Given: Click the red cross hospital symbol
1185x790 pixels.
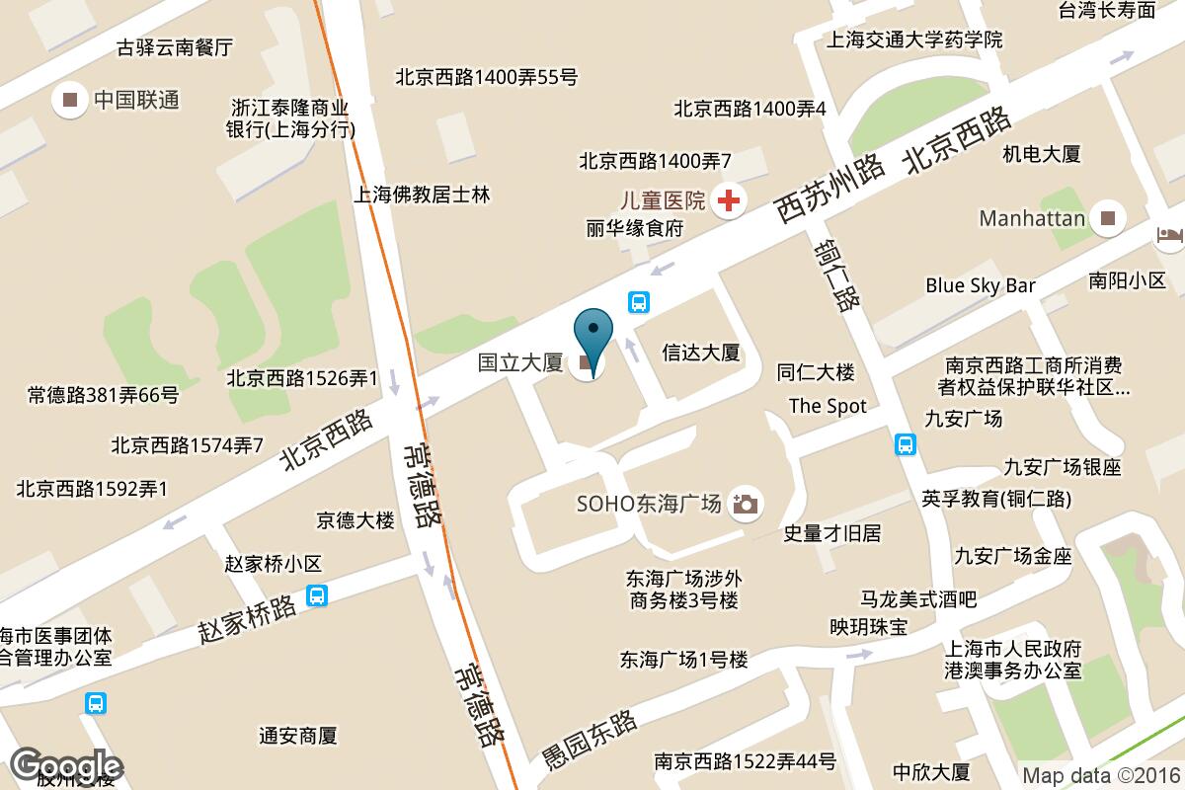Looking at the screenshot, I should (728, 201).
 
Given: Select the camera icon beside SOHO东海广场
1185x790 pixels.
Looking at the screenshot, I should (745, 504).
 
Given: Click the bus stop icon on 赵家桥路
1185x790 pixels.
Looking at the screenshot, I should (317, 595).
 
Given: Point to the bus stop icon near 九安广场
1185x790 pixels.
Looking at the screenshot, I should (905, 444).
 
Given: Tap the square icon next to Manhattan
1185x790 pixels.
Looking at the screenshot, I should (1108, 218).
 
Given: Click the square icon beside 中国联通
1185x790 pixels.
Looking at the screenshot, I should (70, 100).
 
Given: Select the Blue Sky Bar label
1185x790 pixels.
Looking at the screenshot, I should (980, 286).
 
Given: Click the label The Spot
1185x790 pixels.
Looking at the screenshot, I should (828, 406).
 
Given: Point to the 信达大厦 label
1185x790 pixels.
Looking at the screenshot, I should (701, 353).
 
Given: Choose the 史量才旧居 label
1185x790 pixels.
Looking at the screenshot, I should (831, 533).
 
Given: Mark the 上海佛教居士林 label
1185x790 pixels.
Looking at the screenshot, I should (422, 196).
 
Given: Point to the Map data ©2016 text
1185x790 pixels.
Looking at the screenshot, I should (1101, 776).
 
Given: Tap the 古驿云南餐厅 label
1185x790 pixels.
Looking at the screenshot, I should (175, 46).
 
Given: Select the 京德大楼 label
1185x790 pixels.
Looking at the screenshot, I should (355, 519).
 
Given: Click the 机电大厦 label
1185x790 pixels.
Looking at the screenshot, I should (1042, 154).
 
